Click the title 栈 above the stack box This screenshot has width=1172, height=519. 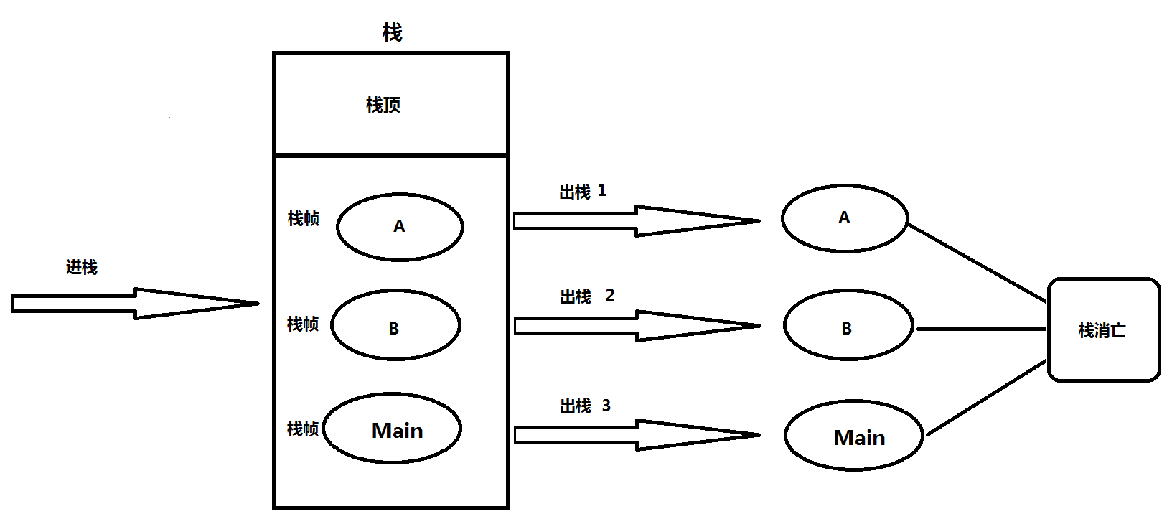[x=392, y=32]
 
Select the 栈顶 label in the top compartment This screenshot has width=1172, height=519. [x=383, y=106]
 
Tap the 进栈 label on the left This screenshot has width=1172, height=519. [x=81, y=268]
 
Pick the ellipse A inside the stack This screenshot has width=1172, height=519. [x=400, y=227]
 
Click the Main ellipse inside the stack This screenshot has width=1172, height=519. [x=393, y=429]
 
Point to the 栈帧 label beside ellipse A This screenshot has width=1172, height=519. [x=303, y=219]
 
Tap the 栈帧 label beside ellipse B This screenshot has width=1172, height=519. [x=302, y=324]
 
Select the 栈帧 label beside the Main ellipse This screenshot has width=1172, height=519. [x=302, y=429]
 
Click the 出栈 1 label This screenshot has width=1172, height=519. [x=583, y=192]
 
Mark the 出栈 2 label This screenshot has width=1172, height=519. [x=586, y=296]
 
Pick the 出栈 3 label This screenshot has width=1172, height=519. [x=585, y=406]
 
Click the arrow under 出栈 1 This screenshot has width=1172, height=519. [x=636, y=221]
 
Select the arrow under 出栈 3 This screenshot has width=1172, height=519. [x=636, y=435]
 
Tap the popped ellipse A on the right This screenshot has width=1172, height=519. [x=845, y=218]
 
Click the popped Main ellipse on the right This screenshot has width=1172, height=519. [x=853, y=436]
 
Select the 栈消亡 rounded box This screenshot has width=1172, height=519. [x=1104, y=330]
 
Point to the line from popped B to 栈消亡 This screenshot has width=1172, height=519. [x=981, y=329]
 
